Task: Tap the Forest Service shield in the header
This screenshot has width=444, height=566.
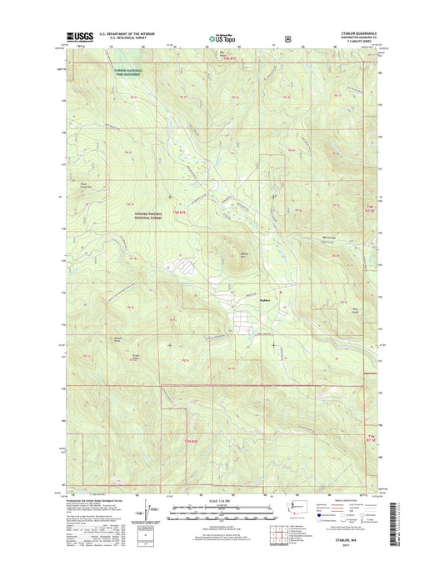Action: click(288, 38)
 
